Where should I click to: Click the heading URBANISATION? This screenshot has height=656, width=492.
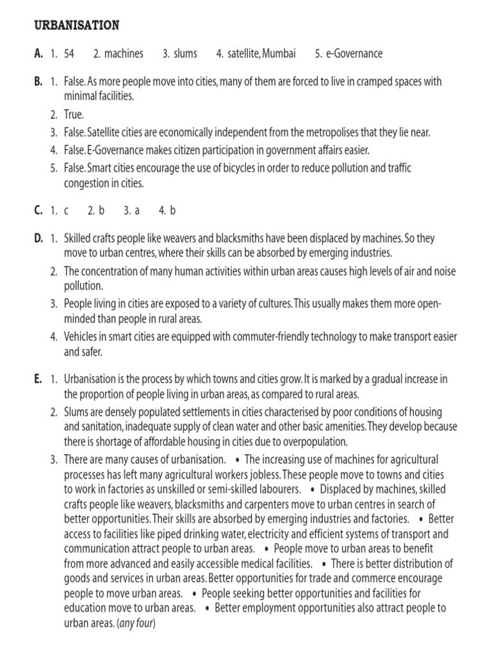[x=76, y=25]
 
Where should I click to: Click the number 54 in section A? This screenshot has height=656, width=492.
[x=69, y=54]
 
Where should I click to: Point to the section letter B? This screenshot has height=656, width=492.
[x=38, y=82]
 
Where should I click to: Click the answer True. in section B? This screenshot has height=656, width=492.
[x=74, y=115]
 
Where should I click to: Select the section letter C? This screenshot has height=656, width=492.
[x=38, y=209]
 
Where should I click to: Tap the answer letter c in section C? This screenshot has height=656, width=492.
[x=66, y=209]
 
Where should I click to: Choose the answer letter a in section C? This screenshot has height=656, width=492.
[x=136, y=209]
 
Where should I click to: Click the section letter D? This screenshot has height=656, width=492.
[x=38, y=238]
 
